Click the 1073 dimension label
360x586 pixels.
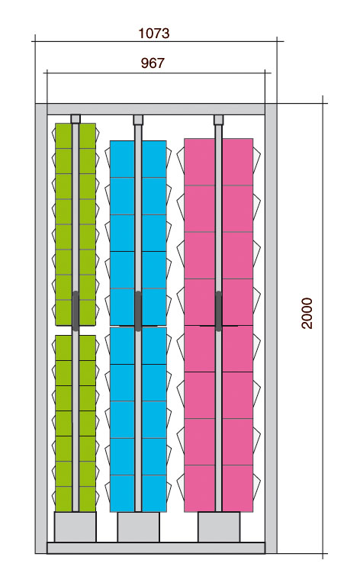(x=154, y=33)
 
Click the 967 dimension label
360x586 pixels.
(x=153, y=63)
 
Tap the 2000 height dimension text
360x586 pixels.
(x=307, y=313)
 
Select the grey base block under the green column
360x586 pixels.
(x=75, y=527)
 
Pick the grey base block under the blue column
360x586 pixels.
(x=138, y=527)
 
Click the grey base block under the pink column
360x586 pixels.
(x=219, y=527)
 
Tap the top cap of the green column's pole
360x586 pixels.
(x=76, y=119)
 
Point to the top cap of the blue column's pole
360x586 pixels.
(x=138, y=120)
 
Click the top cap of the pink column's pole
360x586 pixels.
(x=219, y=120)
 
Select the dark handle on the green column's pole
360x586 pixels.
(x=76, y=311)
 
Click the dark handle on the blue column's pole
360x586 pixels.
(x=138, y=311)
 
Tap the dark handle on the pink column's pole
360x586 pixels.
(x=219, y=311)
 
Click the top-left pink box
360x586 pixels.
(x=199, y=162)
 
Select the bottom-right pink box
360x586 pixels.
(x=237, y=488)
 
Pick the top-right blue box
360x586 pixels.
(x=154, y=159)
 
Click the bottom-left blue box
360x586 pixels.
(x=122, y=494)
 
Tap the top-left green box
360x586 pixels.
(x=63, y=136)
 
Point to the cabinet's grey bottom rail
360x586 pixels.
(x=156, y=548)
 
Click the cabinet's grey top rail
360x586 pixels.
(x=156, y=109)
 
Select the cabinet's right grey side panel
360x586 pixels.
(x=271, y=329)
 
